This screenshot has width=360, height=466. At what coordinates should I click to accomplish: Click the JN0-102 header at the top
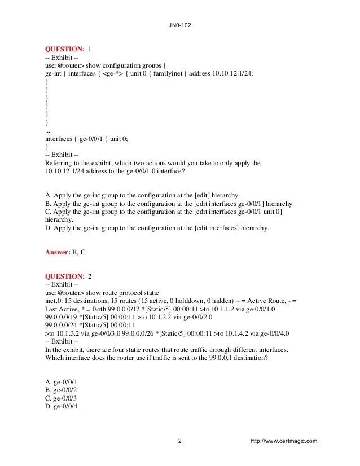[x=179, y=25]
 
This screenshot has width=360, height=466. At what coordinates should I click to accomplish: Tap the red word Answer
[x=57, y=252]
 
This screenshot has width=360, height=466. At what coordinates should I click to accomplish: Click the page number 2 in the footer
[x=179, y=441]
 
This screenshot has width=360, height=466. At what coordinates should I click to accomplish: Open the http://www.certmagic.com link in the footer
[x=287, y=441]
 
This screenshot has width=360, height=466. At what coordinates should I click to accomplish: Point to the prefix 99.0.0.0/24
[x=64, y=325]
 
